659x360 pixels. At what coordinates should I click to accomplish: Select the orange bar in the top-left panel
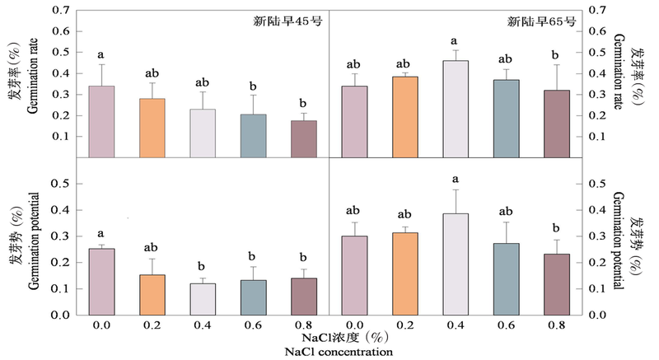[x=152, y=128]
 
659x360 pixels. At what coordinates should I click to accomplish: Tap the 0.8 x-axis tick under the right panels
[x=557, y=326]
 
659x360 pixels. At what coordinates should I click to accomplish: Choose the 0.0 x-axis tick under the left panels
[x=101, y=326]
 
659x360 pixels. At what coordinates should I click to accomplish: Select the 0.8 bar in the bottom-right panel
[x=557, y=284]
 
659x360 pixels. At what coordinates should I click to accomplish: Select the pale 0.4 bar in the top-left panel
[x=203, y=133]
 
